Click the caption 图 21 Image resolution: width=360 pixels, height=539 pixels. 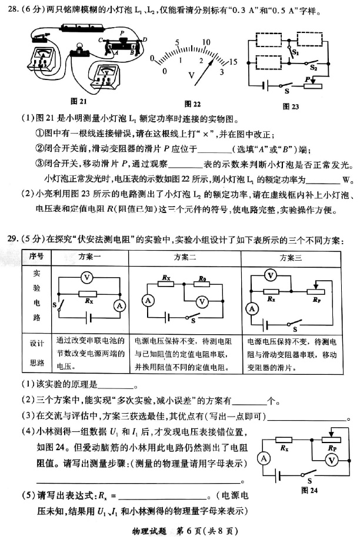tap(78, 100)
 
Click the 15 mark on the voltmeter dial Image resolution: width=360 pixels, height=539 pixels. tap(233, 62)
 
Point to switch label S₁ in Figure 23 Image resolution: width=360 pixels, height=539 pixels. tap(296, 52)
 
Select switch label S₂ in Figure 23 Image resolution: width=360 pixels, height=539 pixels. tap(314, 68)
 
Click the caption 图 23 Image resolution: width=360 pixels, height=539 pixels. tap(291, 107)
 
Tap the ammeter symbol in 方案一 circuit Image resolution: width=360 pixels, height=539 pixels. tap(119, 305)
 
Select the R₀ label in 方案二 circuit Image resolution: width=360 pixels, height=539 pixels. tap(202, 278)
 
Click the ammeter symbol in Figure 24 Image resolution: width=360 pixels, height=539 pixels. tap(264, 458)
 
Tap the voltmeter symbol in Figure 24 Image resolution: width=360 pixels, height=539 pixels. tap(331, 459)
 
